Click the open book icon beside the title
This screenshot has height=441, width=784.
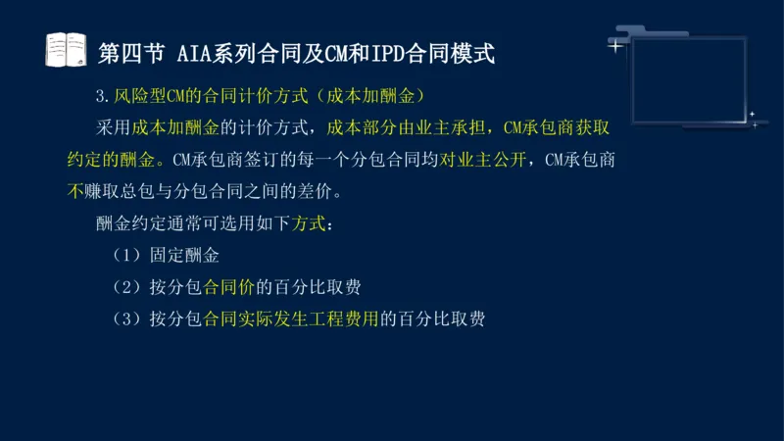pyautogui.click(x=66, y=49)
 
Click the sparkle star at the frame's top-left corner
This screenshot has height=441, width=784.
pyautogui.click(x=614, y=45)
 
